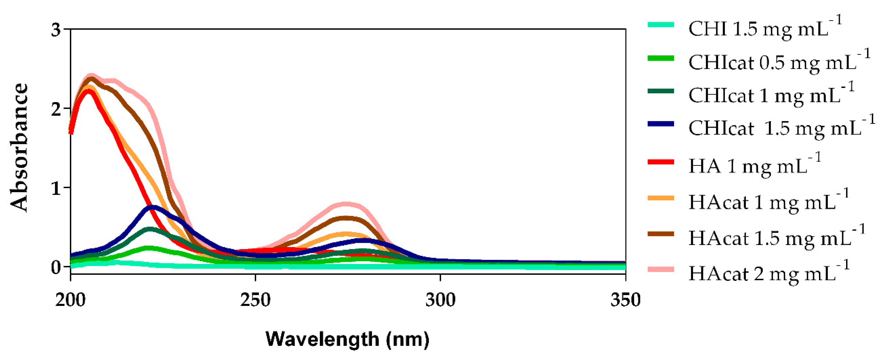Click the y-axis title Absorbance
19,147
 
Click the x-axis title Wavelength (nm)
347,339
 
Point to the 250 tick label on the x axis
255,300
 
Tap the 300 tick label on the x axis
440,300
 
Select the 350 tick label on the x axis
625,300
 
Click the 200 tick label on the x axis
70,300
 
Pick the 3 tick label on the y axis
56,30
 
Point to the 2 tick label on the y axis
56,109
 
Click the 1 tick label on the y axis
56,188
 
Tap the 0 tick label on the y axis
56,267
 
